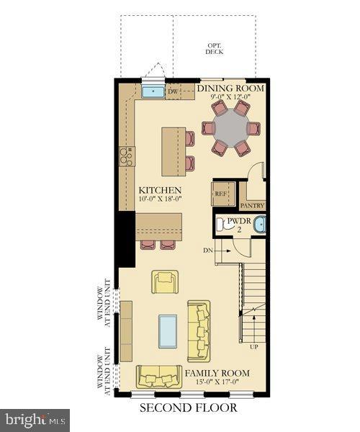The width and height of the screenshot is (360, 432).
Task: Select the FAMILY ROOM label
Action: coord(217,373)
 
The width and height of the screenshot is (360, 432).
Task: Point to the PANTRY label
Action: coord(253,205)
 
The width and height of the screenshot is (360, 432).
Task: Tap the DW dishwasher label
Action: coord(173,92)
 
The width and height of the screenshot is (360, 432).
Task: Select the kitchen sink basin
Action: coord(152,92)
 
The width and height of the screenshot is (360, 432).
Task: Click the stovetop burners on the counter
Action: coord(127,156)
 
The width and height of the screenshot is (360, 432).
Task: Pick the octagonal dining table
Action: coord(230,128)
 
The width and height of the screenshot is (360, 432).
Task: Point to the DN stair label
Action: coord(209,250)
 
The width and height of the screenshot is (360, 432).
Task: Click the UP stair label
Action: coord(253,346)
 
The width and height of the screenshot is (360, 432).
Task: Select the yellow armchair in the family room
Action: coord(164,282)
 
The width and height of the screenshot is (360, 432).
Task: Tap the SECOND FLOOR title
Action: coord(187,408)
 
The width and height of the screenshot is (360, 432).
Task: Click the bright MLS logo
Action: coord(36,418)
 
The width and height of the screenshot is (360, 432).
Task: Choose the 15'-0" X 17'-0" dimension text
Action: coord(217,383)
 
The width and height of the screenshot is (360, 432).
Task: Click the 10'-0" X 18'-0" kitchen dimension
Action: coord(161,201)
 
